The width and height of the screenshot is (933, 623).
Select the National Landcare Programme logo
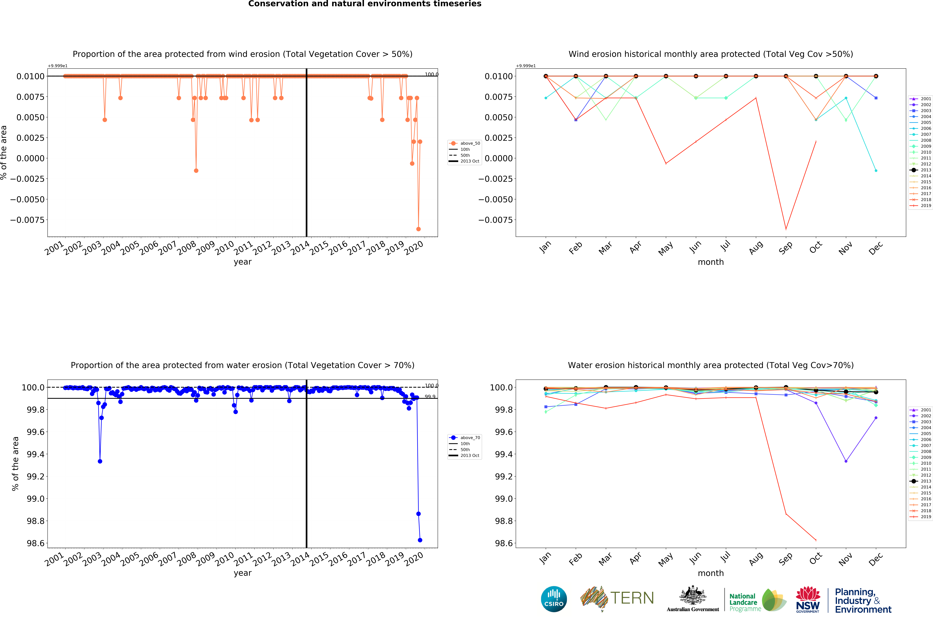(757, 600)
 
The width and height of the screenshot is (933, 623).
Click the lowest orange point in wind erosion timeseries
(418, 229)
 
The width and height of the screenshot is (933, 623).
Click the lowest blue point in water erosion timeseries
(420, 540)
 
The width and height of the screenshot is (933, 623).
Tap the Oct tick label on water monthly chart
(815, 559)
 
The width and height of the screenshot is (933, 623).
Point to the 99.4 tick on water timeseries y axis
(35, 454)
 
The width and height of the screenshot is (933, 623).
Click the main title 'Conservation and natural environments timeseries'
(365, 4)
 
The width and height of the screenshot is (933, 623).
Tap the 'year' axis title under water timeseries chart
(243, 573)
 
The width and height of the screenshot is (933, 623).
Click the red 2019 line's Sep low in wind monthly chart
(786, 229)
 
